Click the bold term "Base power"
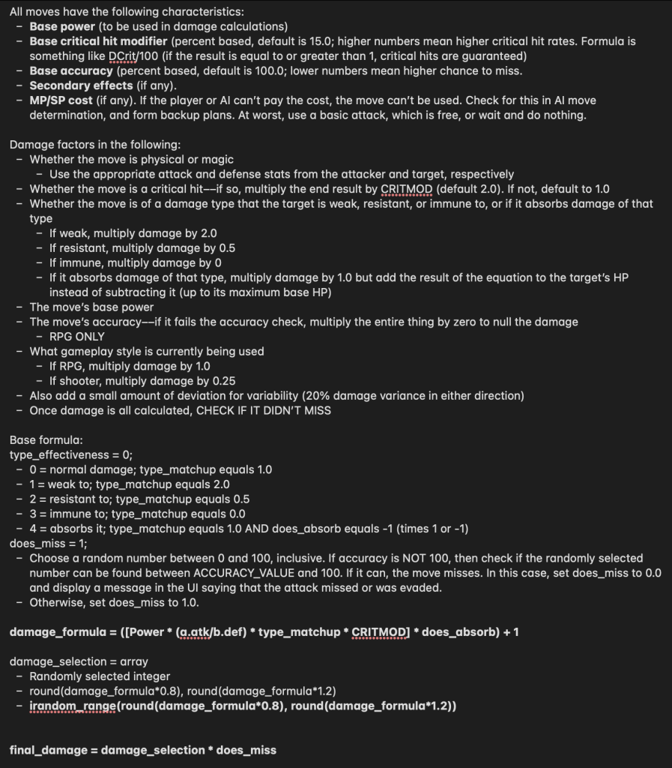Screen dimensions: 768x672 (x=62, y=26)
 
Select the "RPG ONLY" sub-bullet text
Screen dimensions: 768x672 (x=76, y=336)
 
